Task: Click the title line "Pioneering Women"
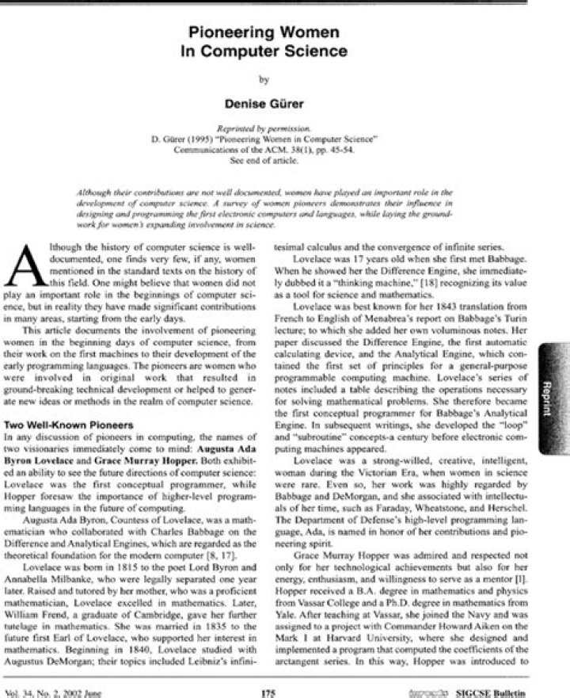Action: point(269,32)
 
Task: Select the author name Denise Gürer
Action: point(269,104)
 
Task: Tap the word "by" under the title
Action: point(269,78)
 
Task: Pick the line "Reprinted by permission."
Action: point(269,128)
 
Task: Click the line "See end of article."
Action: point(269,158)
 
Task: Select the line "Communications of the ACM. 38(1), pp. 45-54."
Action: point(269,148)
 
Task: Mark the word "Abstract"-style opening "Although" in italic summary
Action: point(93,193)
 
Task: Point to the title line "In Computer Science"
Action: point(269,51)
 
